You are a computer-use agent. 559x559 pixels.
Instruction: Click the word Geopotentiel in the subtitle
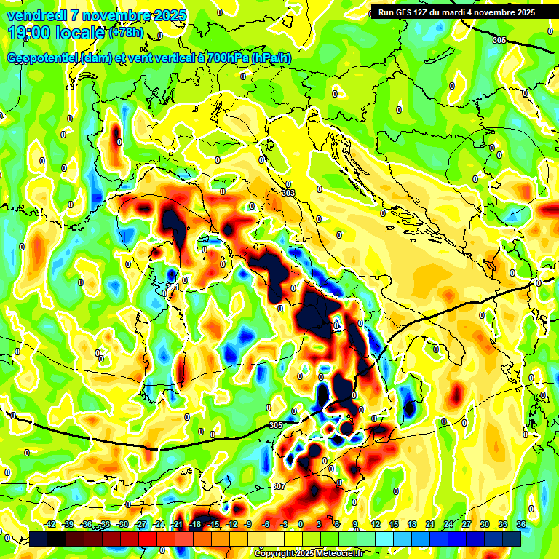tap(42, 58)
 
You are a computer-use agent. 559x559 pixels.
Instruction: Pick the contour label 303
tap(288, 193)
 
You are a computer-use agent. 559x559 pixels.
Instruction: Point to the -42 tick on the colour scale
tap(49, 525)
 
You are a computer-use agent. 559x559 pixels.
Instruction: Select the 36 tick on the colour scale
tap(520, 525)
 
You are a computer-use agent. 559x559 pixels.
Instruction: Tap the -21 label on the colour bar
tap(176, 525)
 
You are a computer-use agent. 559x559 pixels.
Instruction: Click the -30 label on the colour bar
tap(122, 525)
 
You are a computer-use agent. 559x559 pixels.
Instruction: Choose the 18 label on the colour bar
tap(411, 525)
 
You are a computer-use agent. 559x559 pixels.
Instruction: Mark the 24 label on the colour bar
tap(448, 525)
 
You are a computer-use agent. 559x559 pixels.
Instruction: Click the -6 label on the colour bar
tap(266, 525)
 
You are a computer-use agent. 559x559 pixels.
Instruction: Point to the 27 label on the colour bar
tap(466, 525)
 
